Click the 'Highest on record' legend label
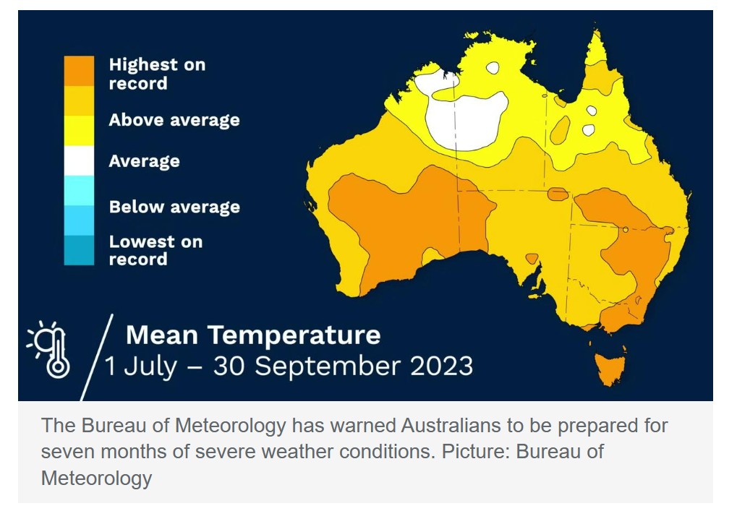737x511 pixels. point(157,74)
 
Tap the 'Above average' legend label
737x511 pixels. point(174,120)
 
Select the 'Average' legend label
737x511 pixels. point(144,161)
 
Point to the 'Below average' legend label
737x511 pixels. point(174,207)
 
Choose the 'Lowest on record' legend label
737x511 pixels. point(155,250)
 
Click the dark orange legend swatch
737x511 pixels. point(79,71)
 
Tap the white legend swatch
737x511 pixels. point(79,160)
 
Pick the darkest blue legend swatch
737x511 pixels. point(79,251)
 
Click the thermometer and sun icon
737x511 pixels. point(49,348)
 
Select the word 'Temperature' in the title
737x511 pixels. point(294,335)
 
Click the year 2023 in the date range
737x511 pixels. point(441,366)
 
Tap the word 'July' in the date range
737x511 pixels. point(150,366)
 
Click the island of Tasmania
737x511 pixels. point(609,367)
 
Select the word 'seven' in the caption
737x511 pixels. point(69,452)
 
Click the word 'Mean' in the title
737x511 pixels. point(162,335)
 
